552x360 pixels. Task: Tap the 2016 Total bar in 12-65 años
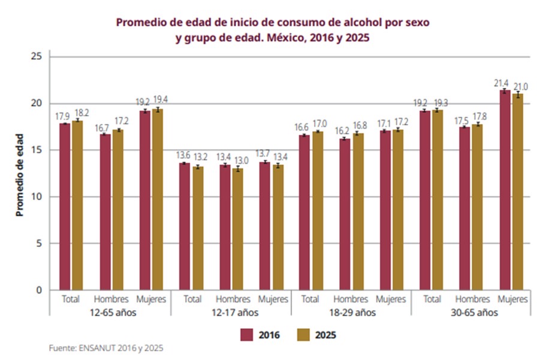(x=65, y=207)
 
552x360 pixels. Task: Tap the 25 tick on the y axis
(x=37, y=56)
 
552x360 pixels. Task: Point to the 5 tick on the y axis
(x=39, y=243)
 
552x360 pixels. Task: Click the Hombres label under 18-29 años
(x=351, y=299)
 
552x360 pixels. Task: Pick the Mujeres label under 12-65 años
(x=152, y=299)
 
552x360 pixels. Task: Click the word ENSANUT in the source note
(x=98, y=347)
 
